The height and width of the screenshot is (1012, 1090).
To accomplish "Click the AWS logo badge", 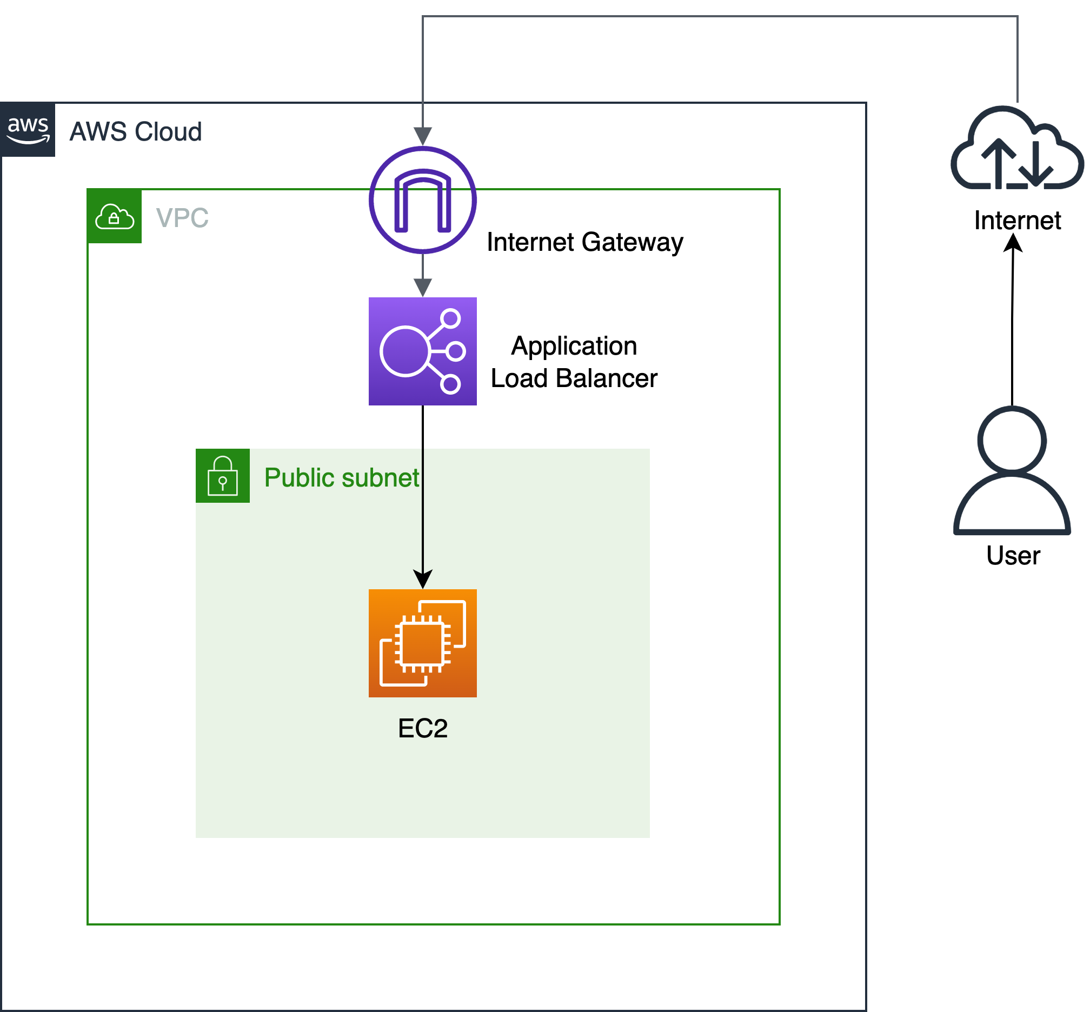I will pos(28,129).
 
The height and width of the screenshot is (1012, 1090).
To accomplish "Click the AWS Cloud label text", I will pos(135,132).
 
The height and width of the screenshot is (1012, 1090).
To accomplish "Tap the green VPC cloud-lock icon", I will pos(115,216).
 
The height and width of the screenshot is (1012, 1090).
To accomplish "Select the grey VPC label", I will pos(182,218).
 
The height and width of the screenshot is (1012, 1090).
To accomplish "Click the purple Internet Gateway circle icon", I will pos(422,200).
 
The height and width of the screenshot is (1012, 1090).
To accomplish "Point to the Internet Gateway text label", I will pos(584,242).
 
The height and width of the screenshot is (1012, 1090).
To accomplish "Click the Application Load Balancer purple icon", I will pos(422,351).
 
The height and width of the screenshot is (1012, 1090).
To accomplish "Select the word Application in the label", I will pos(574,346).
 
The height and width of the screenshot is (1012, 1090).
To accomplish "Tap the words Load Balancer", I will pos(574,378).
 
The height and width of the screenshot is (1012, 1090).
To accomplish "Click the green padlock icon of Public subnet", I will pos(222,475).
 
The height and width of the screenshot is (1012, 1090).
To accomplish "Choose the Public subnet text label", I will pos(341,477).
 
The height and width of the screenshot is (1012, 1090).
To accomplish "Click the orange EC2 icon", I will pos(422,643).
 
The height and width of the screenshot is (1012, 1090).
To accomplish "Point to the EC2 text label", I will pos(422,728).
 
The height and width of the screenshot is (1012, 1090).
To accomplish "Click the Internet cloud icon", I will pos(1016,149).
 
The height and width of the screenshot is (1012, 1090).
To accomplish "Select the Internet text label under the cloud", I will pos(1017,221).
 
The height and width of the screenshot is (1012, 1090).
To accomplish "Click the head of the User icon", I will pos(1012,439).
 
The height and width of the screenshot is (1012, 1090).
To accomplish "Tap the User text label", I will pos(1013,555).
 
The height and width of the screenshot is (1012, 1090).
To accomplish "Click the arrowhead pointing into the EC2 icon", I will pos(422,580).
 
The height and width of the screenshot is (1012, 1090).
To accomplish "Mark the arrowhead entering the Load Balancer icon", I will pos(422,288).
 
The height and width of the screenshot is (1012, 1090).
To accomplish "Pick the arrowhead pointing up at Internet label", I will pos(1013,243).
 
